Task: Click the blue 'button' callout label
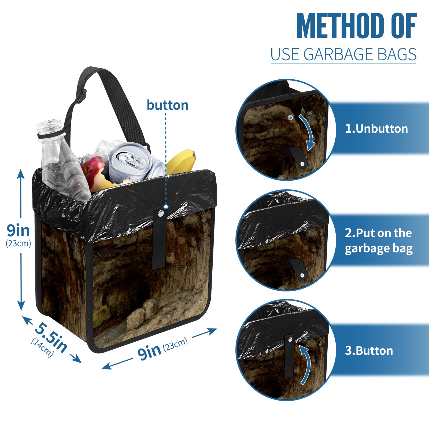click(167, 105)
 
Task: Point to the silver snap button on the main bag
click(161, 213)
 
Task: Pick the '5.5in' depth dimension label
click(51, 337)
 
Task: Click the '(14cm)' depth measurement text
click(42, 347)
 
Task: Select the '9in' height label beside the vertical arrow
click(18, 230)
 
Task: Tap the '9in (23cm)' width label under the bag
click(162, 349)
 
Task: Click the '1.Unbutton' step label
click(376, 129)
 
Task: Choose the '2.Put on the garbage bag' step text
click(378, 241)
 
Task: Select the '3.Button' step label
click(369, 351)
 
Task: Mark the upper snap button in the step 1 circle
click(290, 117)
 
